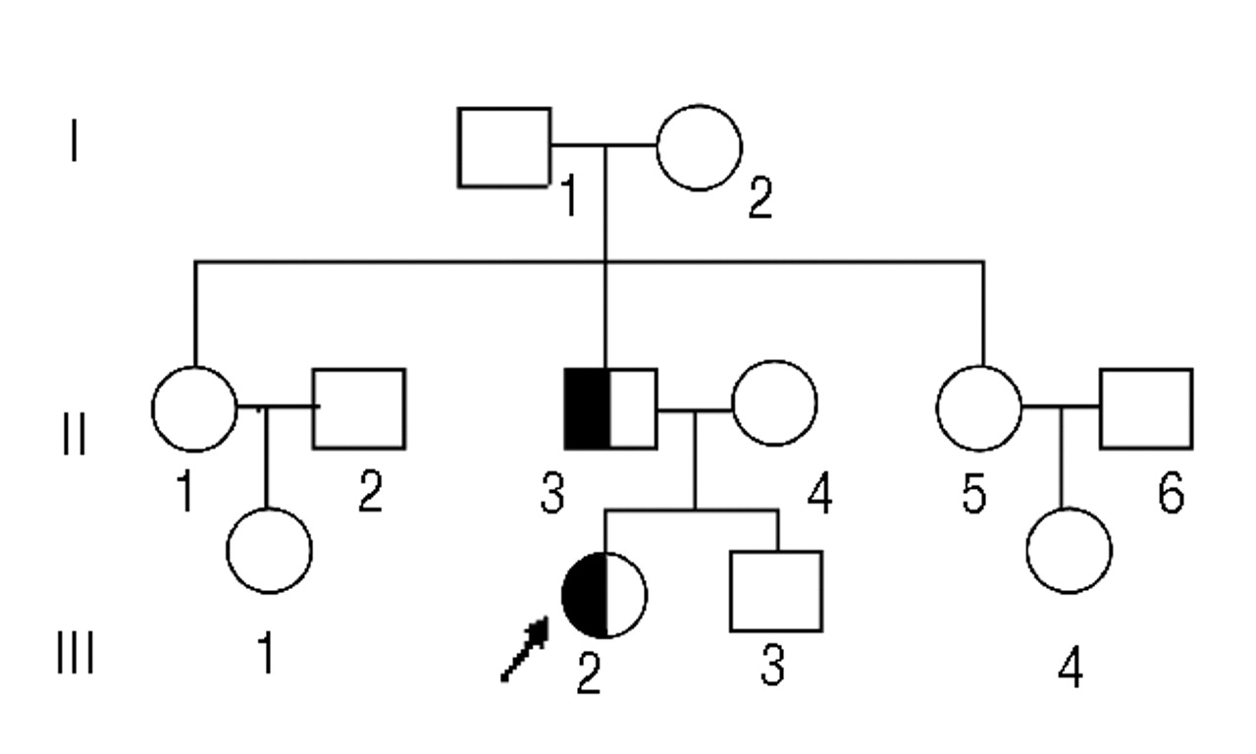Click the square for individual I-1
tap(504, 147)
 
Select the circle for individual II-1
tap(194, 408)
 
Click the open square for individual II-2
tap(359, 408)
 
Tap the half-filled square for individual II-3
tap(610, 408)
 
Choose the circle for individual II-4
tap(775, 408)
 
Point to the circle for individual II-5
tap(979, 408)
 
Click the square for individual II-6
tap(1146, 408)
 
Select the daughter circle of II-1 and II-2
tap(269, 550)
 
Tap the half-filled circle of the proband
tap(604, 595)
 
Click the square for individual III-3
tap(775, 591)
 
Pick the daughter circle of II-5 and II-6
tap(1069, 550)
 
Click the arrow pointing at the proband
tap(524, 650)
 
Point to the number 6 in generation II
tap(1169, 494)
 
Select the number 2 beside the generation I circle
tap(759, 199)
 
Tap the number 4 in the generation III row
tap(1071, 669)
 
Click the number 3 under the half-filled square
tap(552, 494)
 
